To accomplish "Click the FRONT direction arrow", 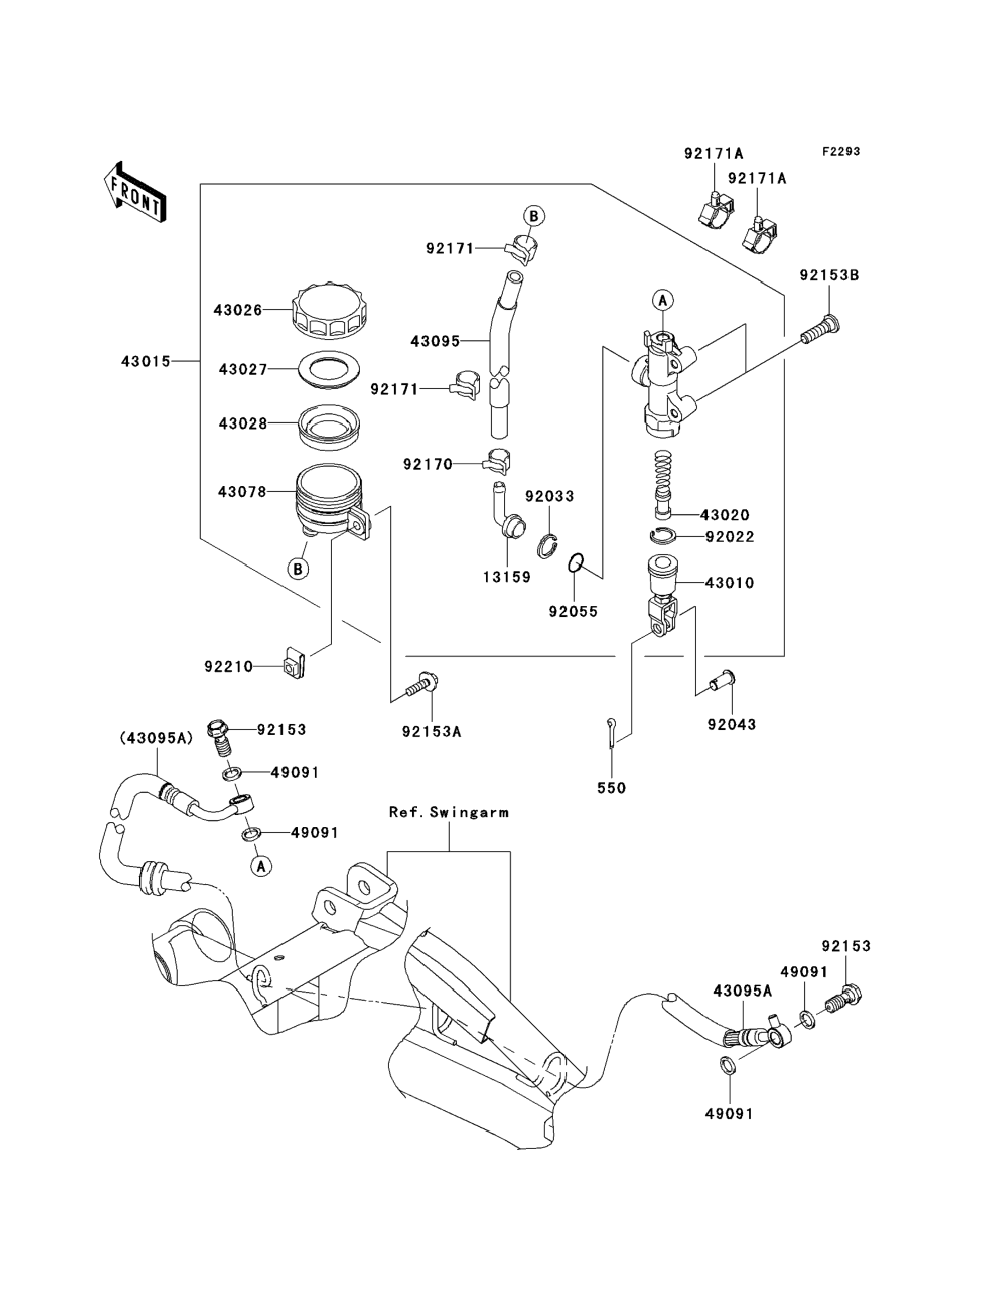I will coord(134,192).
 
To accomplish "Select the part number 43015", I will coord(145,361).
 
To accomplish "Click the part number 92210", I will coord(229,667).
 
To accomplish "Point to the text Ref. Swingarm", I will coord(448,813).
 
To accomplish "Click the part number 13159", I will coord(507,577).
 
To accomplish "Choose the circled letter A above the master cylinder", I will coord(663,300).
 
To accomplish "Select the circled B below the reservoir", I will coord(298,569).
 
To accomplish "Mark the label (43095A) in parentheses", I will coord(156,738).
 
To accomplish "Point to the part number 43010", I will coord(729,583).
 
